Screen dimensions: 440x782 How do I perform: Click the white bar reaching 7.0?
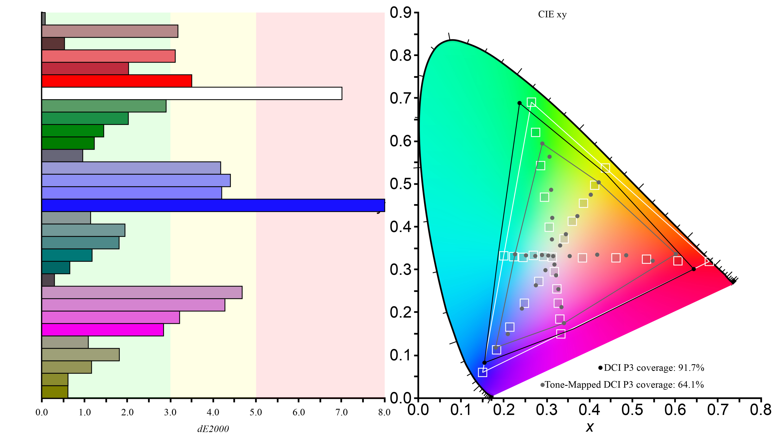point(192,93)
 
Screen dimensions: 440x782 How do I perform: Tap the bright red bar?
point(117,81)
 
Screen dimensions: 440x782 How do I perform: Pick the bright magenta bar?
point(103,330)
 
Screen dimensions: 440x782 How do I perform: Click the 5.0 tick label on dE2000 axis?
point(256,412)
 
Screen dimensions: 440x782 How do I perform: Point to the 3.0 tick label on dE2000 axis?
point(170,412)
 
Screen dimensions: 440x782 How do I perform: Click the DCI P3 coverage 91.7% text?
point(653,368)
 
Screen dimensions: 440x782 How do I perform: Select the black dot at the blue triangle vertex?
point(484,363)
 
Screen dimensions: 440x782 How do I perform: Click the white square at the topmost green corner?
point(531,102)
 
